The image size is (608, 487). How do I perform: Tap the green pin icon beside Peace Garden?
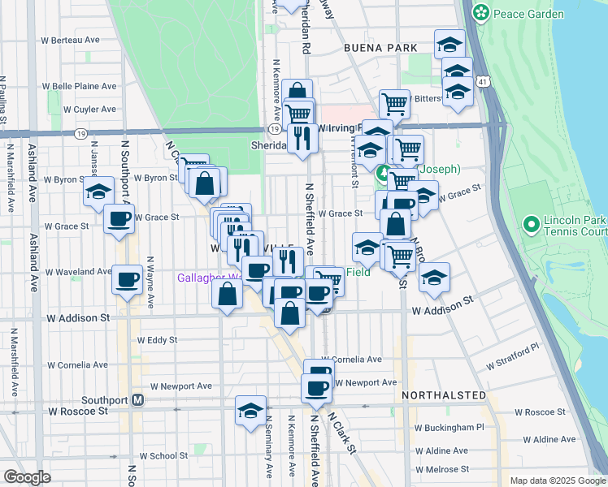[x=482, y=13]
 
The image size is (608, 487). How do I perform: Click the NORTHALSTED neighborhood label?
[x=443, y=395]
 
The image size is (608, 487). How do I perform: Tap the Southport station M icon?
[x=138, y=400]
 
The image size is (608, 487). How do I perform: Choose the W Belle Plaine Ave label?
[x=79, y=85]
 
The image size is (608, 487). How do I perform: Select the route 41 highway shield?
[x=484, y=82]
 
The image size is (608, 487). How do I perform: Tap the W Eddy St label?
[x=158, y=340]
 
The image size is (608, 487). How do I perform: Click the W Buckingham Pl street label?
[x=449, y=426]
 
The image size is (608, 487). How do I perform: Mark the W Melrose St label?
[x=441, y=469]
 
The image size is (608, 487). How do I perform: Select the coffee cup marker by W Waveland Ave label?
[x=127, y=279]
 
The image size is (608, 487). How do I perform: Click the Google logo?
[x=27, y=477]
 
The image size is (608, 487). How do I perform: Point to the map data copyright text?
[x=557, y=481]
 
